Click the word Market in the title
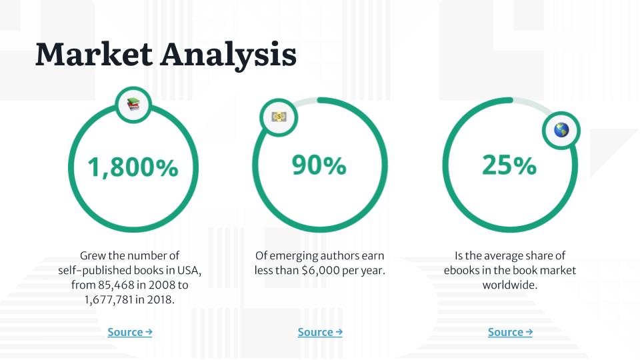(94, 54)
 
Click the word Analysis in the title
(229, 56)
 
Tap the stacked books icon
(133, 105)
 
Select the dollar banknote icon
(279, 117)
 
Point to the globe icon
(561, 130)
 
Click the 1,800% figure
(133, 167)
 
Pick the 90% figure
(319, 165)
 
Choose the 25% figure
(509, 165)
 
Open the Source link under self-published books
(130, 332)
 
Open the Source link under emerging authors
(320, 332)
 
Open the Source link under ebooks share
(510, 332)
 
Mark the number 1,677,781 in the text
(108, 300)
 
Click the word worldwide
(510, 285)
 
